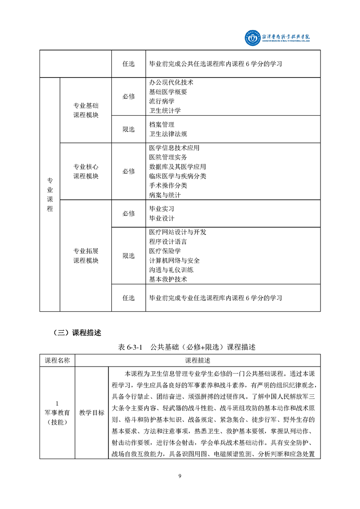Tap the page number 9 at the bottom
[180, 476]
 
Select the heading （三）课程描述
[77, 333]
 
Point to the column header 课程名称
[57, 361]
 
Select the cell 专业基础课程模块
[86, 110]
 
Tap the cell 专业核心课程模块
[86, 171]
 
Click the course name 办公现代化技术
[171, 83]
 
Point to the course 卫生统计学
[165, 110]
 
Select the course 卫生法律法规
[168, 134]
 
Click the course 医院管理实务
[168, 157]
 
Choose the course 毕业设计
[162, 218]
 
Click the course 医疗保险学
[165, 251]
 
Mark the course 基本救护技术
[168, 279]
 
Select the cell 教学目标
[92, 413]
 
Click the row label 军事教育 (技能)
[57, 413]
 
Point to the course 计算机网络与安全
[174, 260]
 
